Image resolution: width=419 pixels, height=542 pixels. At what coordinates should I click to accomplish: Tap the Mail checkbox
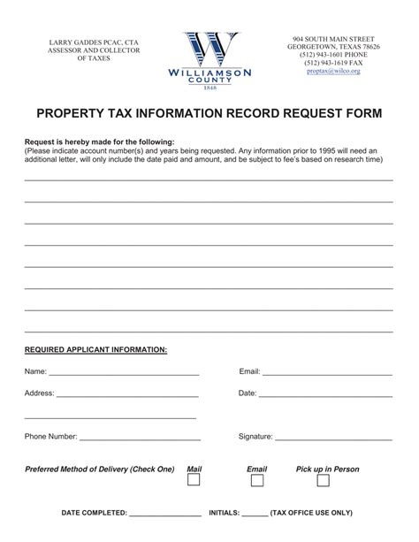tap(194, 480)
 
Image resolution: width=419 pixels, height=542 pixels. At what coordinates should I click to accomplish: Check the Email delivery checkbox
tap(256, 480)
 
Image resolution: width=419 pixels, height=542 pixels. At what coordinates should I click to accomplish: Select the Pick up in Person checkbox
tap(324, 480)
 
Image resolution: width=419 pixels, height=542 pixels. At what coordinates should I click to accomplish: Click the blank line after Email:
tap(327, 374)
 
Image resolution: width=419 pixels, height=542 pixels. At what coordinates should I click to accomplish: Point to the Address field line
tap(128, 395)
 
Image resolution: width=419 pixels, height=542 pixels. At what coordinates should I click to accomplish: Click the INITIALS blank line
tap(254, 514)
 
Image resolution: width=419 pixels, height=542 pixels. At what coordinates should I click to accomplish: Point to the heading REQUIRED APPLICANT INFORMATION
tap(95, 350)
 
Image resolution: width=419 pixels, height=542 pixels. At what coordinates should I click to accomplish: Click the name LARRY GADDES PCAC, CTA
tap(81, 42)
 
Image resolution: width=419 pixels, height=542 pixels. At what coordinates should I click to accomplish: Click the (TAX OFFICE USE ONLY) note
tap(311, 512)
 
